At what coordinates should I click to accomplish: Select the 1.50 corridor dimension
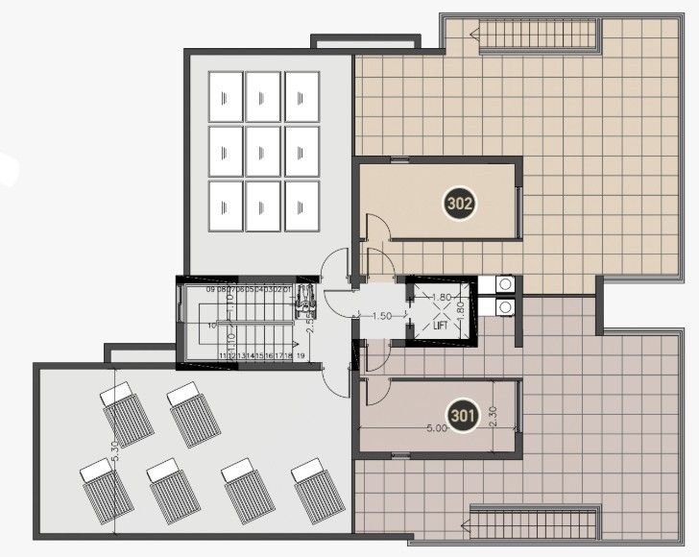[x=381, y=316]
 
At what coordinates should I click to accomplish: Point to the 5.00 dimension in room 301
[x=437, y=429]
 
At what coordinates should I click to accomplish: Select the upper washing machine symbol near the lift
[x=503, y=284]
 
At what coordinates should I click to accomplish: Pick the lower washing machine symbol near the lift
[x=503, y=306]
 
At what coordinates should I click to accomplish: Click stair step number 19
[x=301, y=356]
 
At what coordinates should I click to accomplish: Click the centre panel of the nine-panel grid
[x=262, y=151]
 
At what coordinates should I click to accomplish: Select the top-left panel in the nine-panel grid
[x=225, y=96]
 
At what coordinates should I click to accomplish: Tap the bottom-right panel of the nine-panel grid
[x=301, y=205]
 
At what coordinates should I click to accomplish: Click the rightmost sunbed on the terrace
[x=318, y=490]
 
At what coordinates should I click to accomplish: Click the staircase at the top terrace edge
[x=539, y=36]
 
